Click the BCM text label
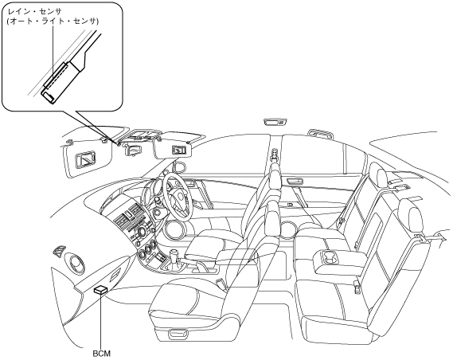click(101, 354)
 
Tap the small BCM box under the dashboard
click(100, 290)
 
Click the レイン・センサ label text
click(35, 12)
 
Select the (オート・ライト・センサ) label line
click(53, 22)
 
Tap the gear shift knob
click(174, 255)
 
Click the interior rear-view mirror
click(132, 150)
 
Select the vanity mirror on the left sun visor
click(85, 160)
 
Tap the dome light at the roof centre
click(275, 122)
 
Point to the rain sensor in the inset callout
click(57, 76)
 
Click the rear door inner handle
click(295, 182)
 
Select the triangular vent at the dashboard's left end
click(59, 252)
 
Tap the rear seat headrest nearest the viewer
click(408, 215)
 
